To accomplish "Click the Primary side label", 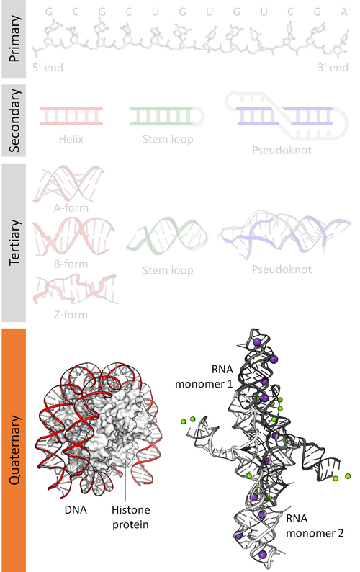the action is [x=14, y=39].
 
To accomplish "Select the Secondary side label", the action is [x=14, y=121].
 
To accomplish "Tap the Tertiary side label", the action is [x=14, y=243].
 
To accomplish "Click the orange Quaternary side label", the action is [x=14, y=450].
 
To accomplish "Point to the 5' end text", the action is [x=48, y=68].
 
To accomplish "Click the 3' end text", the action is [x=333, y=68].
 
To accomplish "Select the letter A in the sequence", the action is [x=344, y=12].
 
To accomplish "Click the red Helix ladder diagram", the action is [x=71, y=116].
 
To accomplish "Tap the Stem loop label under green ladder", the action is [x=168, y=139].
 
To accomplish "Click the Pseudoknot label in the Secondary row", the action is [x=282, y=150].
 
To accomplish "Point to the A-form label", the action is [x=71, y=208].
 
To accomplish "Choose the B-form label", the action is [x=71, y=264].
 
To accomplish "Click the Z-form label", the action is [x=71, y=314].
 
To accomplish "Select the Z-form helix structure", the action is [x=75, y=290].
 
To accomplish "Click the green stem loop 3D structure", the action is [x=167, y=236].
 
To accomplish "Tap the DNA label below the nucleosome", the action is [x=76, y=509].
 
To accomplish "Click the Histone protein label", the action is [x=130, y=517].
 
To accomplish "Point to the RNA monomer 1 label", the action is [x=204, y=377].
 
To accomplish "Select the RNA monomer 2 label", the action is [x=315, y=526].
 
